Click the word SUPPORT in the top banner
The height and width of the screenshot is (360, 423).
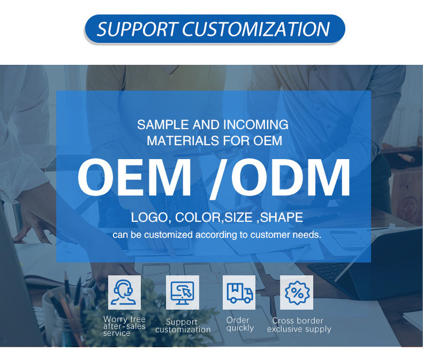coord(136,29)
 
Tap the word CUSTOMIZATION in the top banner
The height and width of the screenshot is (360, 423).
coord(256,29)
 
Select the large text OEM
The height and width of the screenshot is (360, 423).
coord(134,178)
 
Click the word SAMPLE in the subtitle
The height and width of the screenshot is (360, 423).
coord(160,125)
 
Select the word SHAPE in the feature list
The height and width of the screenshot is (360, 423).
coord(282,218)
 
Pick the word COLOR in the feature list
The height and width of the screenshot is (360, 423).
coord(195,218)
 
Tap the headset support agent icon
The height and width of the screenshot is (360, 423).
coord(124,292)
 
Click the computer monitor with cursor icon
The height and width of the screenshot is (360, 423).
coord(182,292)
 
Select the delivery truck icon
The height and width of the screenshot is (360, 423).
coord(239,292)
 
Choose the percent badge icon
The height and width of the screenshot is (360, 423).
coord(297,292)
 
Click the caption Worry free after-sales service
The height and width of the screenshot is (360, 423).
coord(124,326)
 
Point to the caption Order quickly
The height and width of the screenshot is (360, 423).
coord(239,324)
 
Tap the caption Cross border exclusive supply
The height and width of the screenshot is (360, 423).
coord(299,325)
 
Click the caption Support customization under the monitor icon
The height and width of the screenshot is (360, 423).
coord(183,326)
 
